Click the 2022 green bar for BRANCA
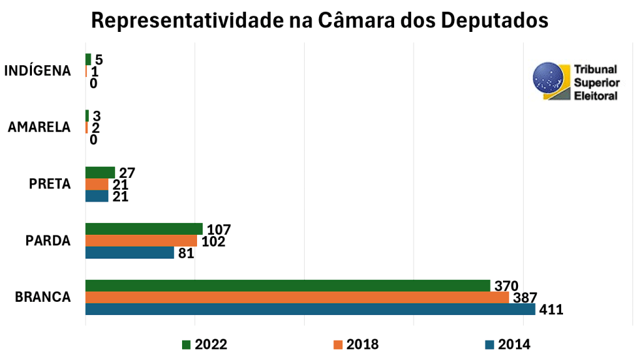[288, 285]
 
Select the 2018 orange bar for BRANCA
[297, 297]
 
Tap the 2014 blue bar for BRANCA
[310, 309]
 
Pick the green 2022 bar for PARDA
[144, 229]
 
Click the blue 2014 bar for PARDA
[130, 253]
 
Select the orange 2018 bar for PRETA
[97, 185]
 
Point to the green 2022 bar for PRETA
[100, 173]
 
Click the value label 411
[551, 309]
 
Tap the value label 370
[506, 286]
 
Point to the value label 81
[186, 254]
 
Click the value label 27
[127, 173]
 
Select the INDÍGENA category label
[38, 71]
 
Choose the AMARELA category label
[39, 128]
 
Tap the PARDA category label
[49, 241]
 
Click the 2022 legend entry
[204, 344]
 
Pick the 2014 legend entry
[507, 344]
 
